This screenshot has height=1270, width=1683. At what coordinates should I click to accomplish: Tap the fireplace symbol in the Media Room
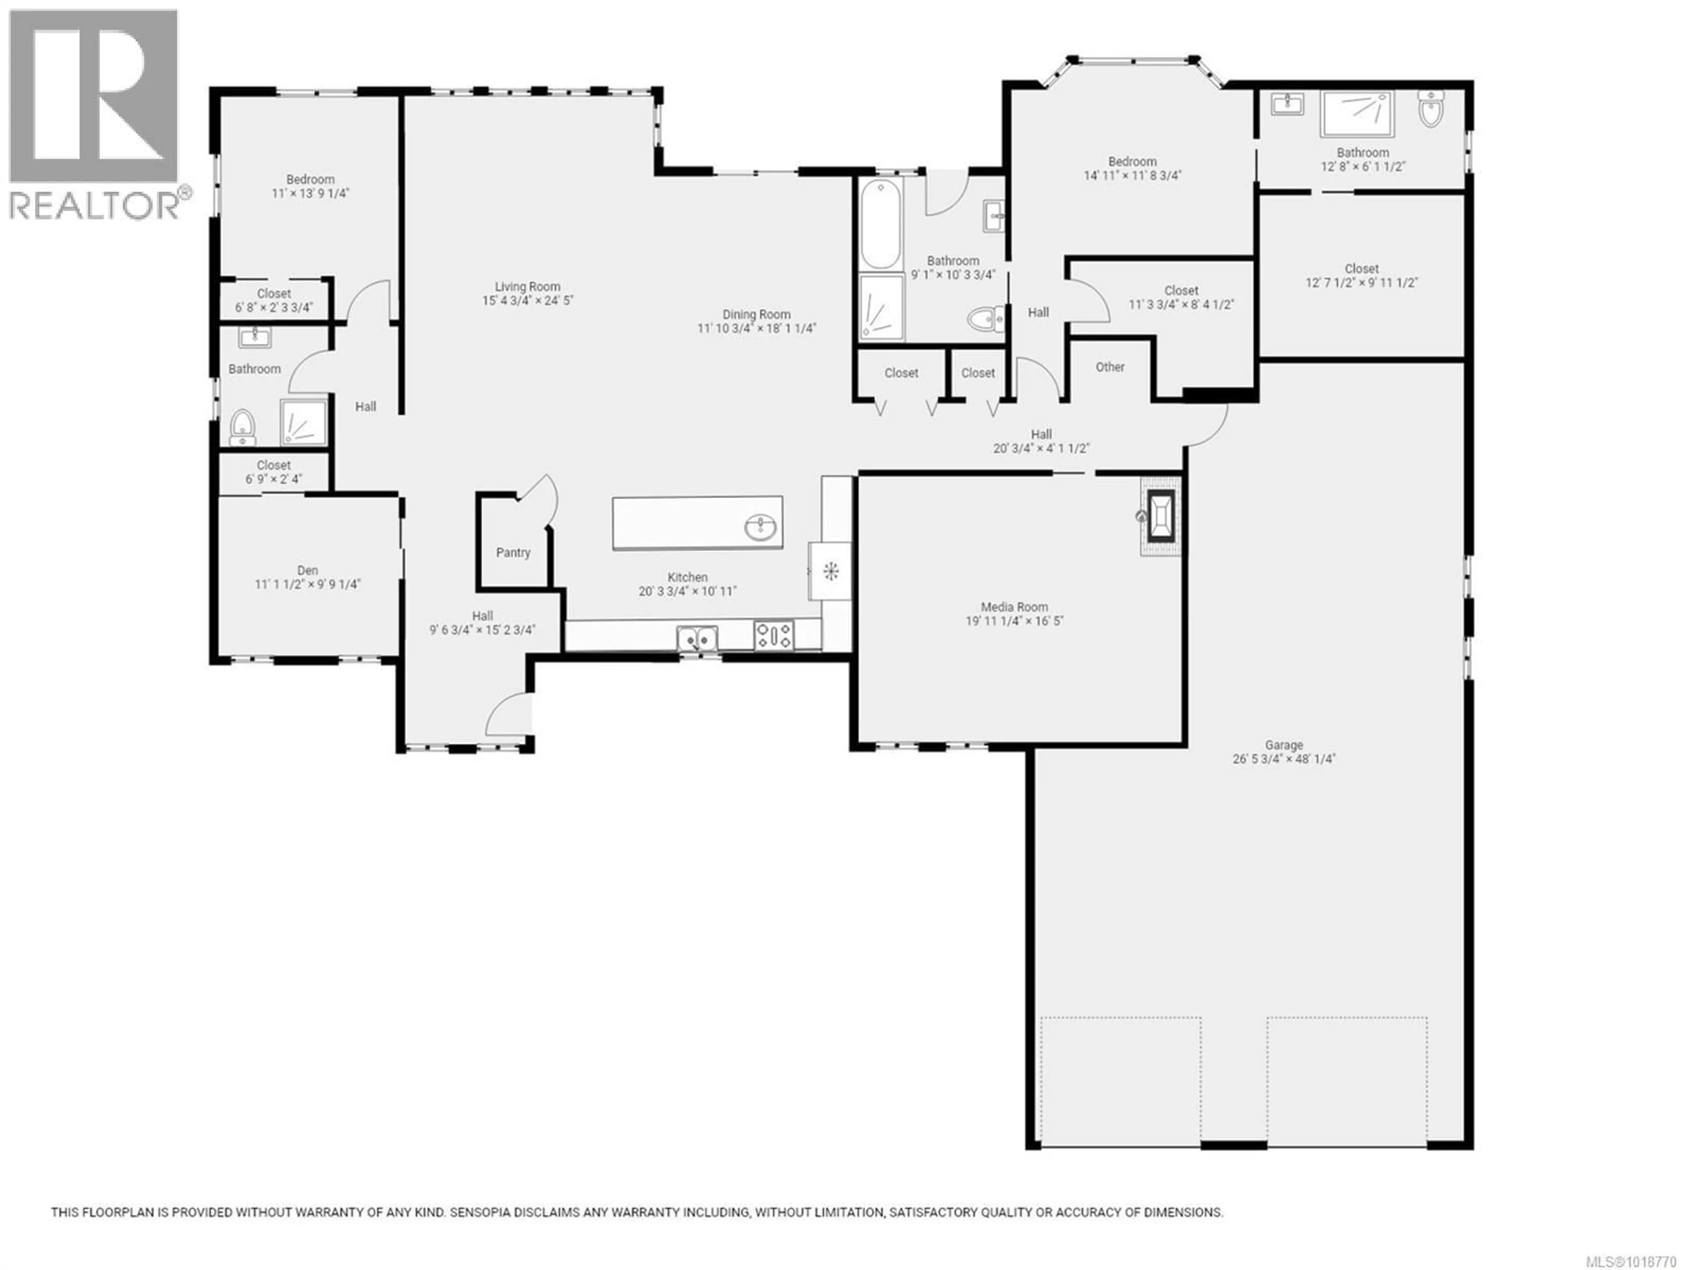(x=1160, y=516)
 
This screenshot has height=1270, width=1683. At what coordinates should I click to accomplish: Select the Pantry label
(x=513, y=553)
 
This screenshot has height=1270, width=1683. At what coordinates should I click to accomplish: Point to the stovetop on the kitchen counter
(x=774, y=635)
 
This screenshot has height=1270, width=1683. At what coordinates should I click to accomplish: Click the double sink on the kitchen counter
(x=697, y=638)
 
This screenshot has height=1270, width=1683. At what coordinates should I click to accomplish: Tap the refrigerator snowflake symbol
(x=831, y=571)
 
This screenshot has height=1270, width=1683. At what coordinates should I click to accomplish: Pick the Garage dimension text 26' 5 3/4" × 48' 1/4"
(x=1284, y=759)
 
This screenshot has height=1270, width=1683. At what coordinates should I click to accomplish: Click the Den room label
(x=307, y=571)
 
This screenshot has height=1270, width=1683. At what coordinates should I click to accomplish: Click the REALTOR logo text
(x=95, y=206)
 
